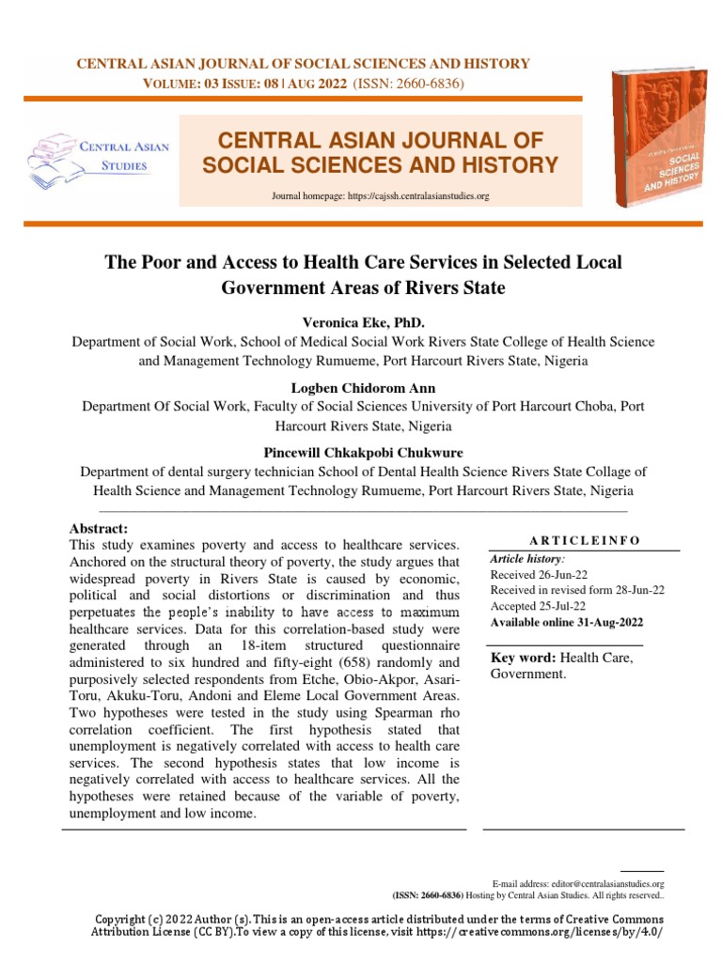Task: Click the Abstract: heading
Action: coord(99,529)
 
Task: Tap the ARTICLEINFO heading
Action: coord(584,540)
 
